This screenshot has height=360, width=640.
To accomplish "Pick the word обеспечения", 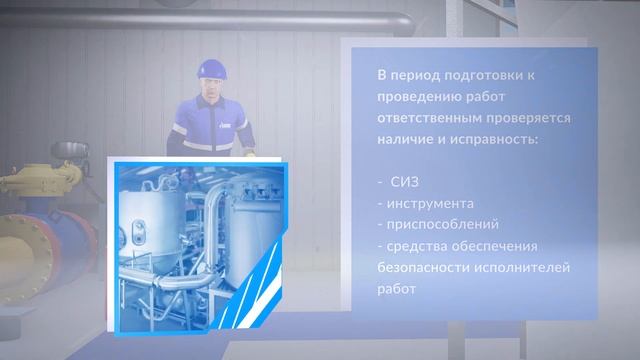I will [x=505, y=246].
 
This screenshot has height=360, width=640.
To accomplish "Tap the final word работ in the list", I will [x=396, y=290].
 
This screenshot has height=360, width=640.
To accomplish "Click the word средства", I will [x=421, y=246].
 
